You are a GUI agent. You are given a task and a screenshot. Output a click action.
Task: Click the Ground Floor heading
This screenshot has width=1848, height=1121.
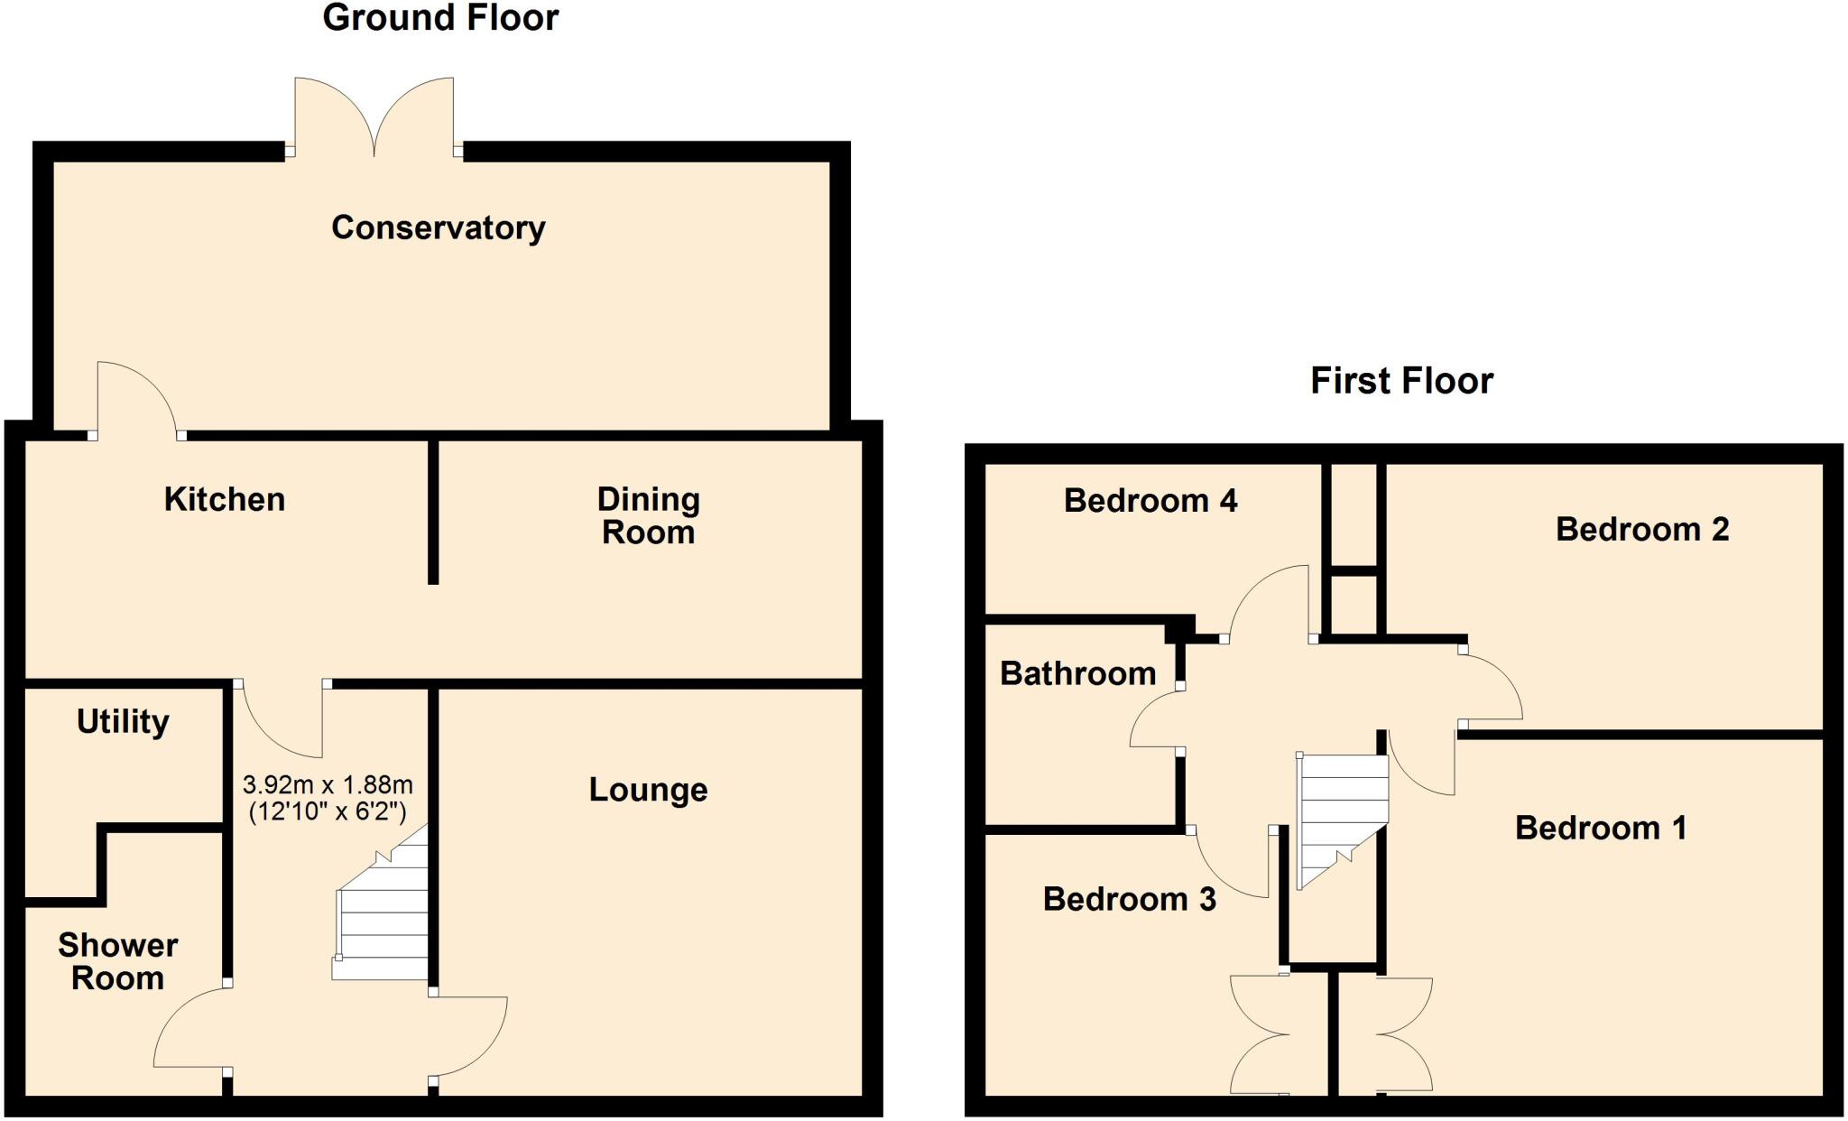tap(440, 18)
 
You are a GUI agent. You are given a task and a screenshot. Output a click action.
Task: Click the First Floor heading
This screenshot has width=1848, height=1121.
tap(1401, 381)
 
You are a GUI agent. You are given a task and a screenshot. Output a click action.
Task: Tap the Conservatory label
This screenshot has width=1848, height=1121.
tap(439, 227)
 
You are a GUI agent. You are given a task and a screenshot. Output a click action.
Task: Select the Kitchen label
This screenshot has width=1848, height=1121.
tap(225, 499)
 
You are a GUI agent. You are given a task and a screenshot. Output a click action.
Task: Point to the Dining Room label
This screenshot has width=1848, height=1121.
tap(648, 515)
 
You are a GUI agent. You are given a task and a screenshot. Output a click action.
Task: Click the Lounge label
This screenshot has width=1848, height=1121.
tap(648, 790)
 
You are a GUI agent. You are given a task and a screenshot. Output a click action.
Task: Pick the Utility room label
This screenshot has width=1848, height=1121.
tap(123, 721)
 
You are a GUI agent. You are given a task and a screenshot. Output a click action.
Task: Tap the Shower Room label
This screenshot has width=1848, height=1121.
tap(117, 961)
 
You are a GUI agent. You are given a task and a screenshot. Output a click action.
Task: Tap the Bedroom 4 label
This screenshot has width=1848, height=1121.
tap(1150, 500)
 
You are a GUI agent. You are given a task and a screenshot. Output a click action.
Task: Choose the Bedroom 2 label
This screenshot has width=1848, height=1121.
tap(1642, 529)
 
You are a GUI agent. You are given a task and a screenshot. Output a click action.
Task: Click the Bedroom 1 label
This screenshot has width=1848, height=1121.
tap(1601, 828)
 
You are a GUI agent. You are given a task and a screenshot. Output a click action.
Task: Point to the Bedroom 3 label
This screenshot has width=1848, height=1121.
tap(1130, 899)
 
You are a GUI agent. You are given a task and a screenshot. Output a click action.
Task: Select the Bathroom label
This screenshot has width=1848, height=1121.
tap(1078, 673)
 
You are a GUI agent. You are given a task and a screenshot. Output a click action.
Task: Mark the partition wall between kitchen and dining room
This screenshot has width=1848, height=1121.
tap(433, 510)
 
